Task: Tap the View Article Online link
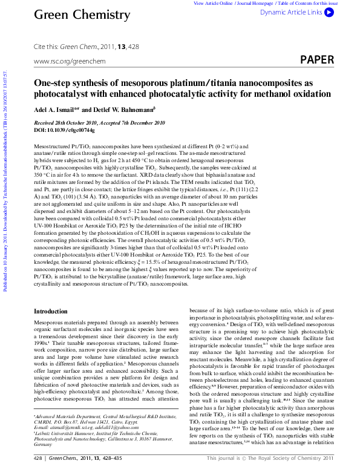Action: [x=214, y=3]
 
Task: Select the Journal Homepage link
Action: [x=252, y=3]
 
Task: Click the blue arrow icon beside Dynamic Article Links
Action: [x=329, y=12]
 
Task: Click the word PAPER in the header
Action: [x=316, y=59]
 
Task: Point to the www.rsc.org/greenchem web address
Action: [x=70, y=61]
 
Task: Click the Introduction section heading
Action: [x=51, y=311]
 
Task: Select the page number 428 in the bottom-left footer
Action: [x=38, y=466]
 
